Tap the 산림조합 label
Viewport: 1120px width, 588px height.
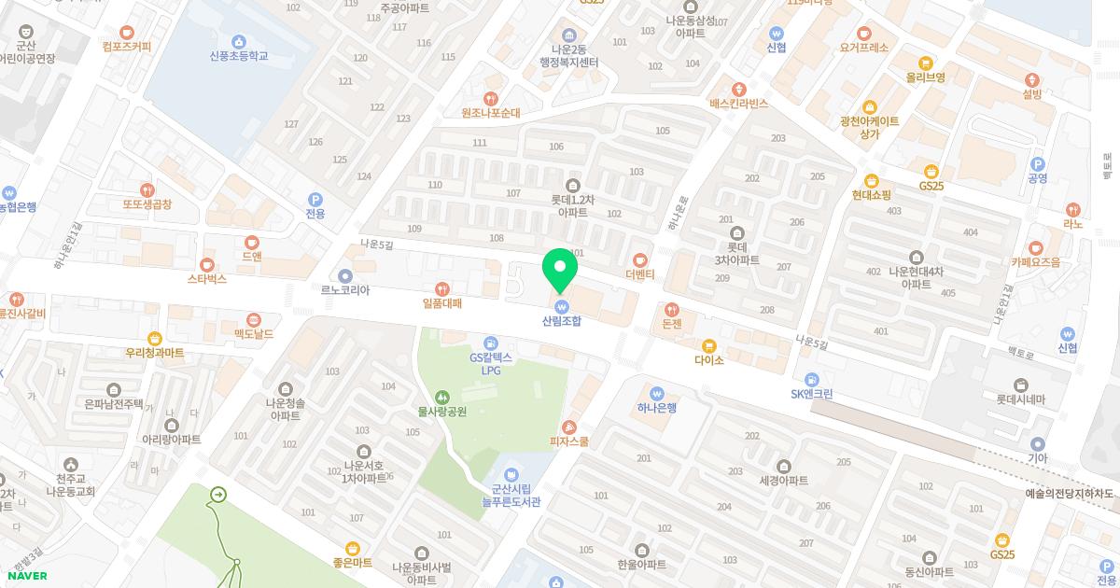click(562, 321)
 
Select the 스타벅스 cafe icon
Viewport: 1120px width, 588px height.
click(207, 265)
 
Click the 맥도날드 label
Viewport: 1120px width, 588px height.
click(254, 333)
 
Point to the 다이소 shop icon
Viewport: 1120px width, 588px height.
click(708, 346)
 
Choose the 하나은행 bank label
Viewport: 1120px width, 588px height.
click(657, 408)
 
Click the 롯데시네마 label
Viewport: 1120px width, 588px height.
click(1020, 399)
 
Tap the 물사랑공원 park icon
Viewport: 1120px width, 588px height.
click(442, 397)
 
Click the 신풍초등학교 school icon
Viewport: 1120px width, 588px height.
click(239, 42)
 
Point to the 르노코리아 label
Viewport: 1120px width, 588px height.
click(345, 290)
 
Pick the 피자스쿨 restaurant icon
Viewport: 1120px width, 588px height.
click(569, 427)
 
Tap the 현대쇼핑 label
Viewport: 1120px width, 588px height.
click(871, 195)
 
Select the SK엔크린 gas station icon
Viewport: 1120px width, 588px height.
click(811, 380)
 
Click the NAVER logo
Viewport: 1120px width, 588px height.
click(27, 576)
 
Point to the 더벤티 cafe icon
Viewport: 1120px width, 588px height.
click(640, 260)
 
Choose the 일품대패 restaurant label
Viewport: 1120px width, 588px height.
click(442, 303)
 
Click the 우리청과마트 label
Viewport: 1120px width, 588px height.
click(155, 353)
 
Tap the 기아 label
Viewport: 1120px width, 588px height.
click(1037, 458)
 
